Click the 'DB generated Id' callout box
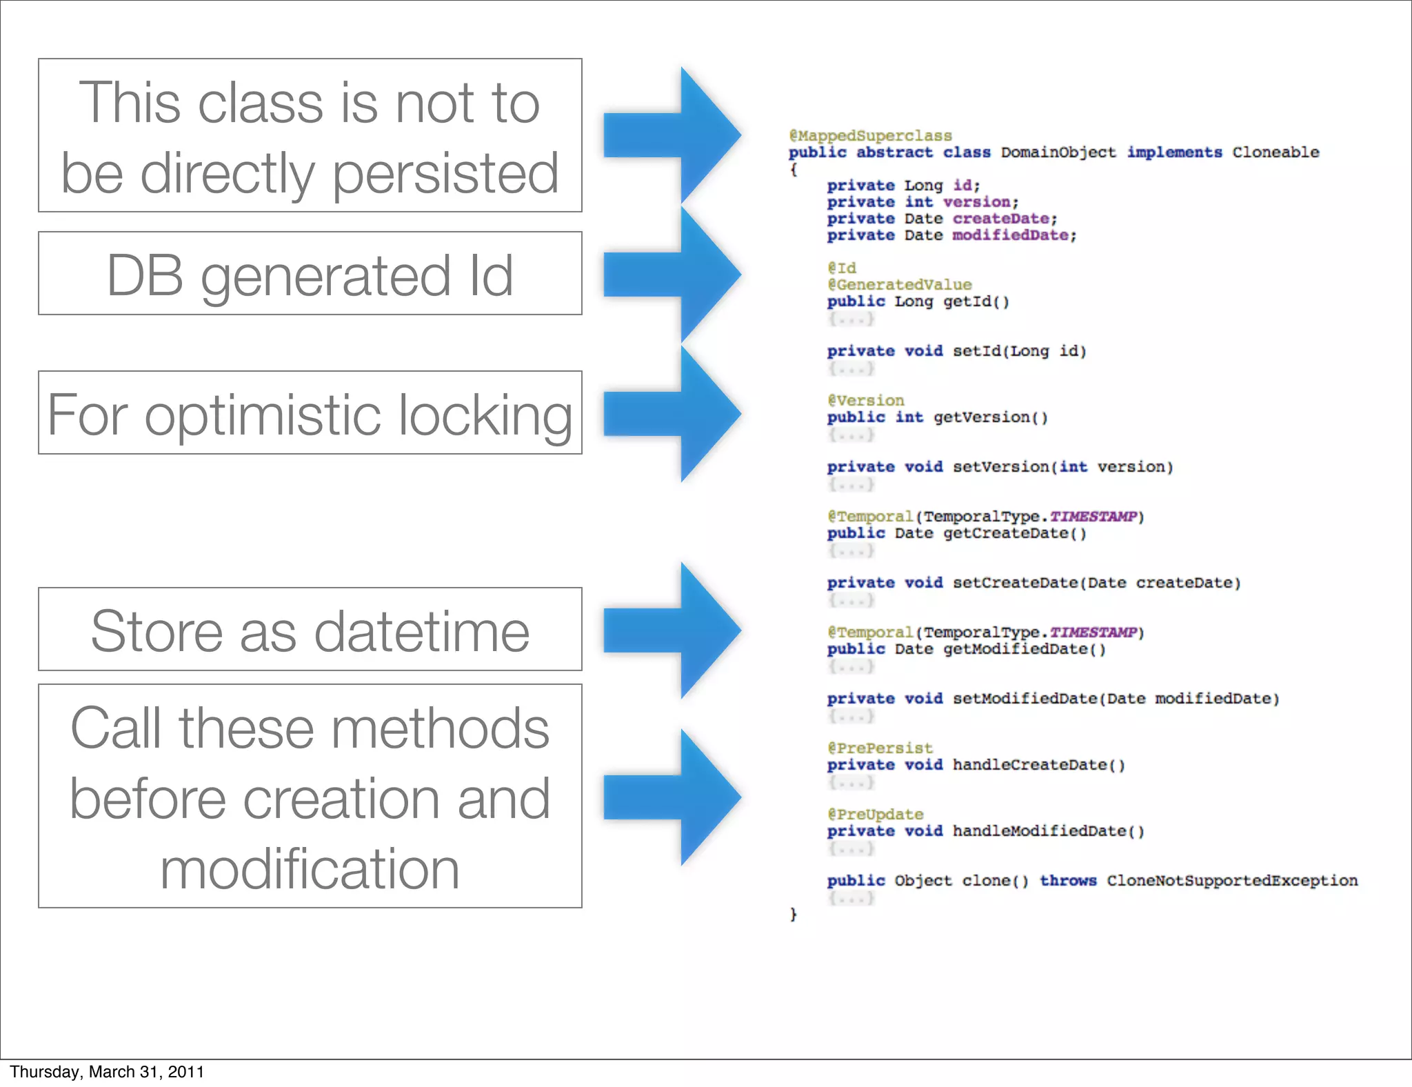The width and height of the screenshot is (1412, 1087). pos(310,274)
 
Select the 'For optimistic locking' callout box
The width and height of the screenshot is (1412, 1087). pos(310,412)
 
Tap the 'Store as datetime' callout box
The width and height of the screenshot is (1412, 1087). pos(310,629)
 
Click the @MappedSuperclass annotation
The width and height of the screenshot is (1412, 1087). pos(870,136)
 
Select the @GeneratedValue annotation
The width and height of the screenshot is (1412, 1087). pos(899,285)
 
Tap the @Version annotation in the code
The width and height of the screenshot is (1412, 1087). pos(865,401)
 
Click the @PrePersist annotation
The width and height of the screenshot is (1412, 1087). pos(880,748)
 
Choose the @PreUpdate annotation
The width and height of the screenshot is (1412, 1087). pos(875,815)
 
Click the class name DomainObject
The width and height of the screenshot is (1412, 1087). pos(1058,152)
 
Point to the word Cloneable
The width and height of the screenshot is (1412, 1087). pos(1275,152)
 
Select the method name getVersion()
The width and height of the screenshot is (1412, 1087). pos(990,417)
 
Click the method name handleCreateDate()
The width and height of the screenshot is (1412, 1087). pos(1038,765)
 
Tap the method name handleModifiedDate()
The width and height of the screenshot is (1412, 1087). pos(1048,831)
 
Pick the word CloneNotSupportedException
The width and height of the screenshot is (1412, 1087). pos(1232,881)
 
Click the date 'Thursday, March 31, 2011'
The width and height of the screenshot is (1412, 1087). pos(107,1072)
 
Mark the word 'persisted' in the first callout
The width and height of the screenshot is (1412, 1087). pos(445,173)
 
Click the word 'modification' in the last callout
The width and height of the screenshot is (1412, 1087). pos(310,869)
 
